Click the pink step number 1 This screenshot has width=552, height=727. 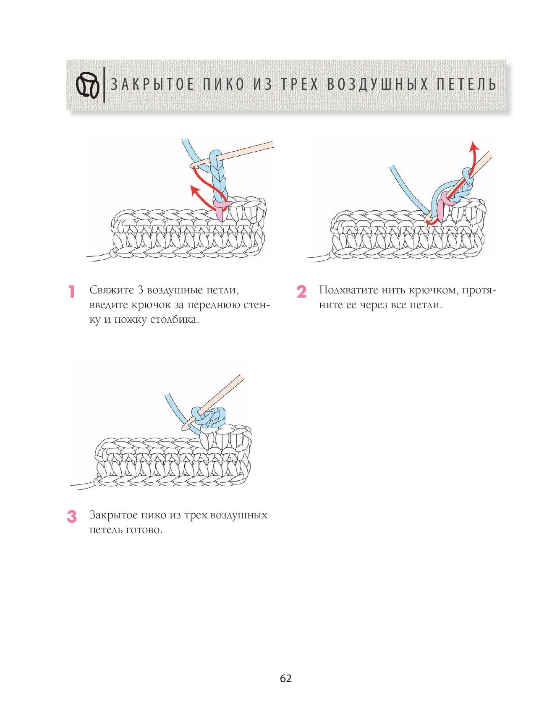[72, 292]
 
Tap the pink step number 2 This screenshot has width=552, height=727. [301, 292]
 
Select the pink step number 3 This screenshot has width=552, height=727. [72, 517]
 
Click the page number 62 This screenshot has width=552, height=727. [285, 678]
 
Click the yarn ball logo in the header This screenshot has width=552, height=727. [88, 85]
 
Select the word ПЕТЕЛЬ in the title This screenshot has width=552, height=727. [466, 85]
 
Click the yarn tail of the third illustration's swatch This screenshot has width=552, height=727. [82, 485]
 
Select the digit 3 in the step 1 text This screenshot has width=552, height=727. [140, 290]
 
